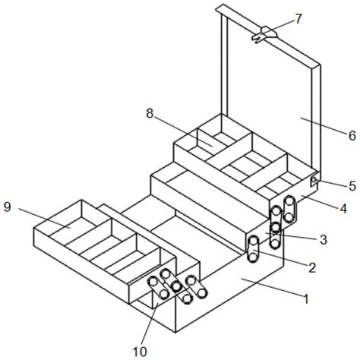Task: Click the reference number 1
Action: tap(306, 299)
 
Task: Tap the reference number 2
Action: tap(312, 267)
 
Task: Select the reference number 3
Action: tap(324, 240)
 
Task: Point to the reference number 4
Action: tap(343, 209)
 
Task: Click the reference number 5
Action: tap(352, 186)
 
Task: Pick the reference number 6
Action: tap(352, 136)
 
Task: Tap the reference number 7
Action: tap(298, 19)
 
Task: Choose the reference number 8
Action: tap(150, 114)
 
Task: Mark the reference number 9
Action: tap(8, 207)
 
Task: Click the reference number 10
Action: tap(140, 352)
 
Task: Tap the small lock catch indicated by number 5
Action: tap(314, 180)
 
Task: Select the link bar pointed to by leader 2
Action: tap(253, 249)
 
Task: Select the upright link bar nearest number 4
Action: tap(289, 209)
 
